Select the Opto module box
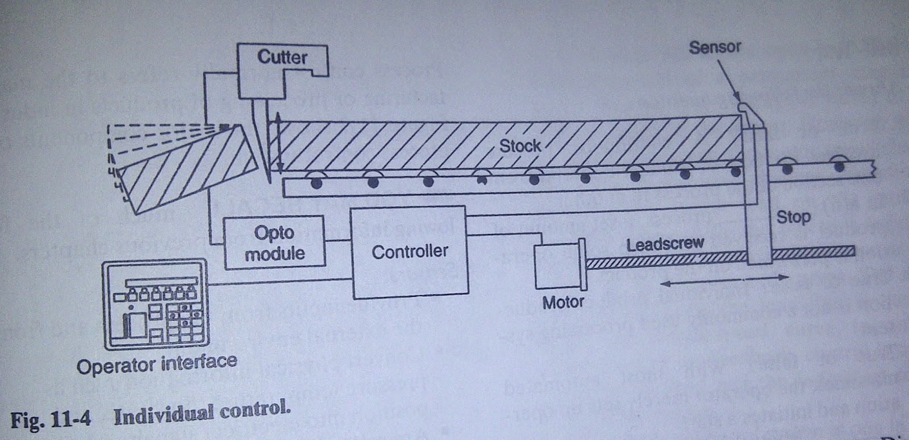coord(274,242)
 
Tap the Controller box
coord(410,252)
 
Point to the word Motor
coord(562,302)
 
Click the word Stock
coord(519,146)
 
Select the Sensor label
coord(714,47)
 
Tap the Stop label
coord(793,217)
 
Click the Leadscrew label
coord(665,244)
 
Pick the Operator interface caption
coord(156,364)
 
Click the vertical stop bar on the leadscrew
coord(758,196)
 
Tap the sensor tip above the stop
coord(743,106)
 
